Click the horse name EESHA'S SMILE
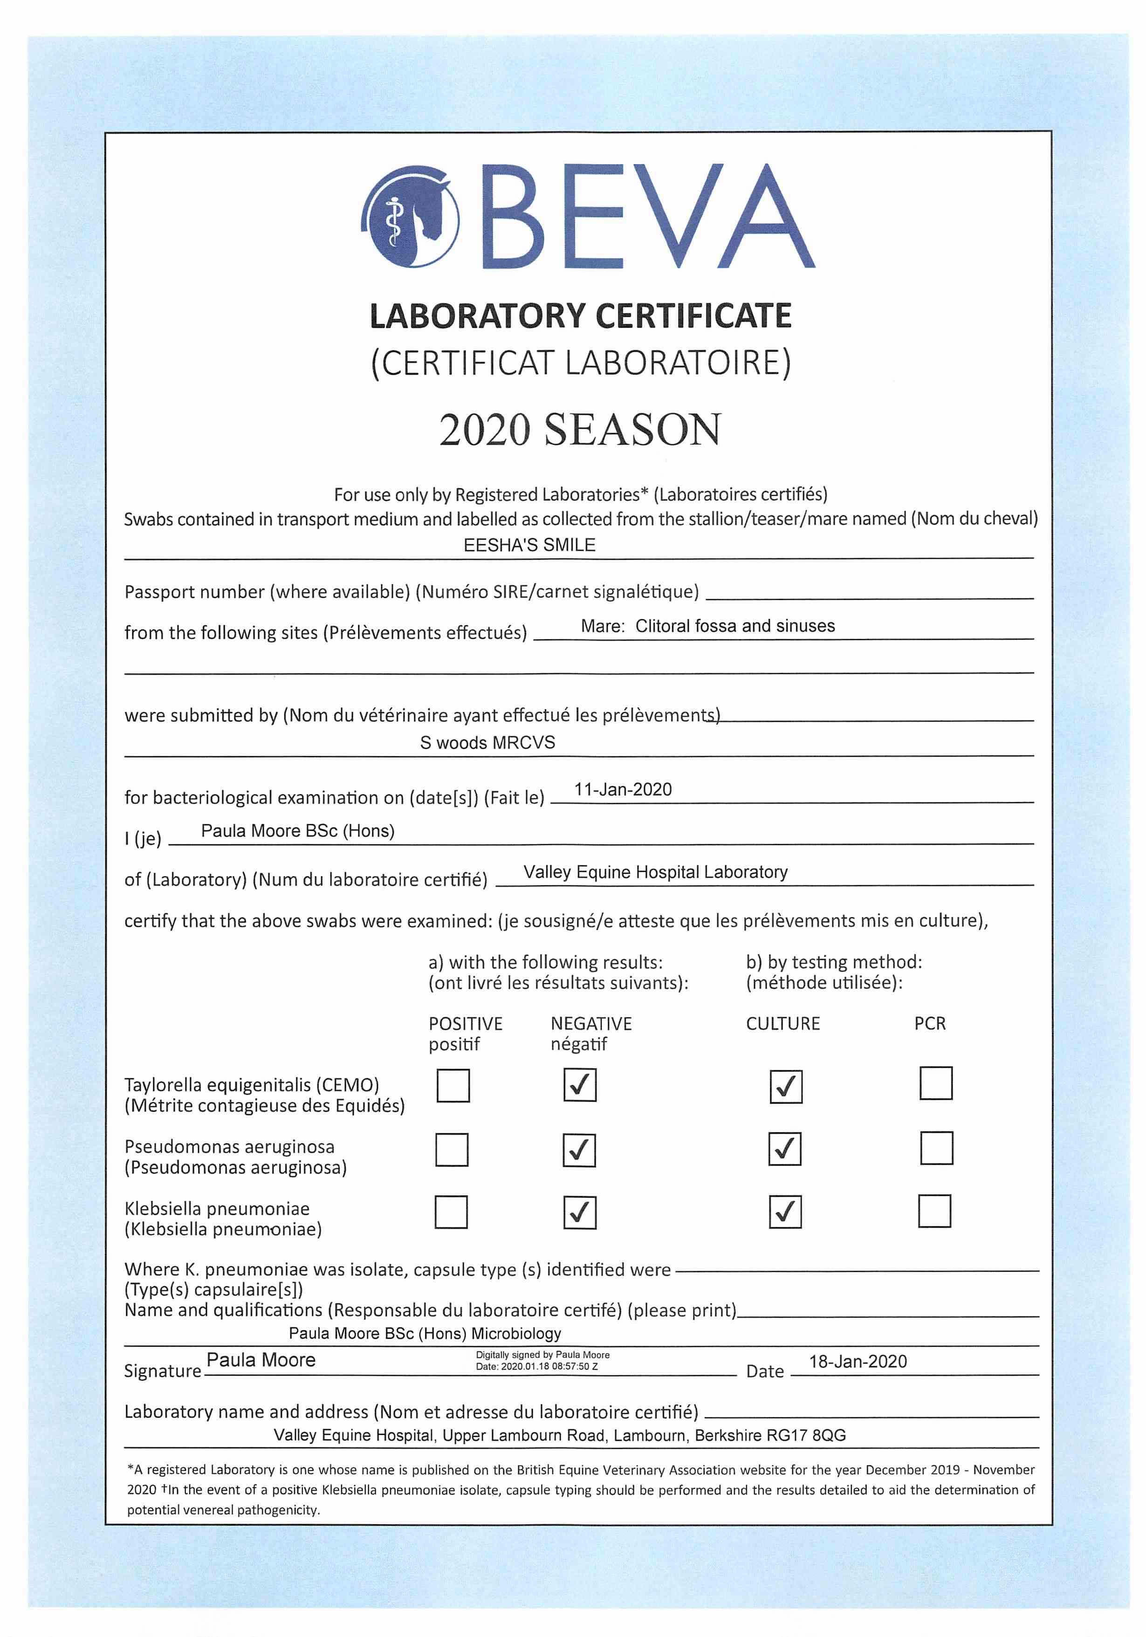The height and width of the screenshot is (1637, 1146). (529, 545)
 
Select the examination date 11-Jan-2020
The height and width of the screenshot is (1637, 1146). (623, 789)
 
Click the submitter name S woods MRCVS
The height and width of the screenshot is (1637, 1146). (487, 742)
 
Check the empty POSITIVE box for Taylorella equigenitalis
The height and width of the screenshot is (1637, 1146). (453, 1085)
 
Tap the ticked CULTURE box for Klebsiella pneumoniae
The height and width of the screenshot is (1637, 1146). (785, 1212)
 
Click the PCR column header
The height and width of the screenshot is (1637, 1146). (929, 1023)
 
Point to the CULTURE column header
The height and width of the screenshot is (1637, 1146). (782, 1023)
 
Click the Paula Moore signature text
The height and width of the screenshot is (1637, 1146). (261, 1360)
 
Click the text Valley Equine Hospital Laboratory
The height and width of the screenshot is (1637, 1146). (655, 872)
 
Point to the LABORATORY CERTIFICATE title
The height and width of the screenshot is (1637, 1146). (580, 316)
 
